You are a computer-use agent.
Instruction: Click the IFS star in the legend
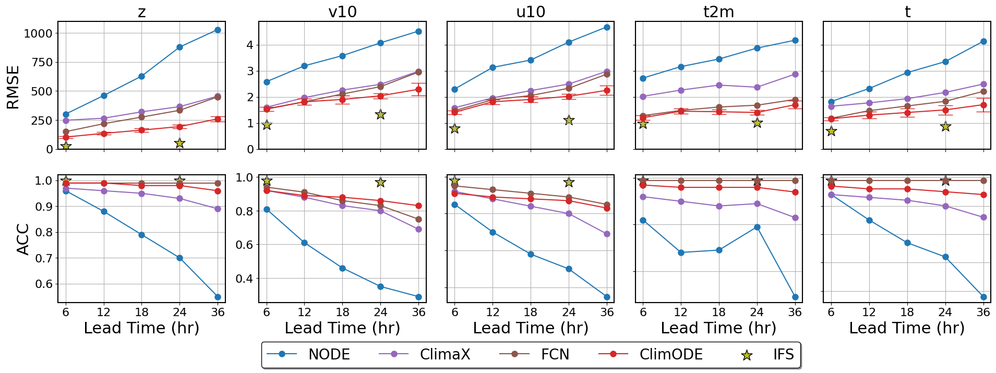pos(747,355)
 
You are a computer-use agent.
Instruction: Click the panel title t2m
pos(718,11)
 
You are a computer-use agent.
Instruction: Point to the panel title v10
pos(342,11)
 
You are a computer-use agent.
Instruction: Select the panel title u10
pos(531,11)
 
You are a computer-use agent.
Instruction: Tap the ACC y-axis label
pos(23,239)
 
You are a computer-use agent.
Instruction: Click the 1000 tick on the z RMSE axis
pos(38,33)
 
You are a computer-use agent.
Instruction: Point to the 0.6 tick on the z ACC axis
pos(44,284)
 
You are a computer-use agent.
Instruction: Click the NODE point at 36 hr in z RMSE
pos(218,30)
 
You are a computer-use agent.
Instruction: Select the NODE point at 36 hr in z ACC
pos(218,297)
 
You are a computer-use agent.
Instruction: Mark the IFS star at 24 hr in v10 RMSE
pos(380,114)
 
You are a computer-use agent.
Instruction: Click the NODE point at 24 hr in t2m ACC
pos(757,227)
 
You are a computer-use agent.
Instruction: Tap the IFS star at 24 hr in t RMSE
pos(945,126)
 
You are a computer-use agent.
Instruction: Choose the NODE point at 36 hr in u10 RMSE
pos(607,27)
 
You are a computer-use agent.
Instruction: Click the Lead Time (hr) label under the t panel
pos(907,328)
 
